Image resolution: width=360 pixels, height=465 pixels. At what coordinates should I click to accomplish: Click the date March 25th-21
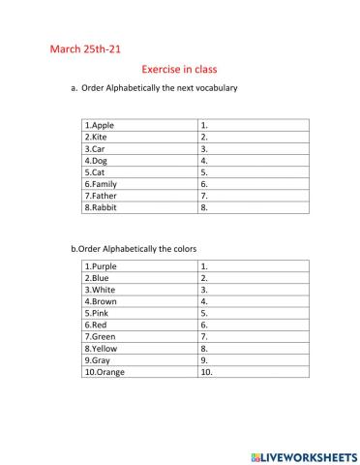click(85, 47)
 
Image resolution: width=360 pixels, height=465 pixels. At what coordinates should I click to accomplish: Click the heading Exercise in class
click(179, 69)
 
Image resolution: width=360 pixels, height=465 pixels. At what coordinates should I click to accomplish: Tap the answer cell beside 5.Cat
click(253, 171)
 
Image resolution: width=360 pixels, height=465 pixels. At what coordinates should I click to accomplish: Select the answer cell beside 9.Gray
click(253, 359)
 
